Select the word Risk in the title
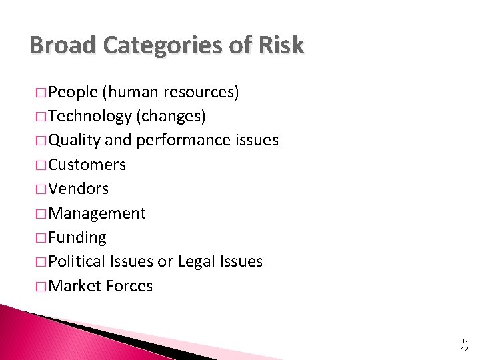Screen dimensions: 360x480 point(283,45)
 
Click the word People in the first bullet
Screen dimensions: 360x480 point(73,92)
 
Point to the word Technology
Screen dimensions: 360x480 point(90,116)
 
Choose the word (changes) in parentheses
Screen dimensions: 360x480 point(171,116)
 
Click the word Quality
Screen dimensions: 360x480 point(74,141)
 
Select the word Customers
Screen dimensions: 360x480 point(87,165)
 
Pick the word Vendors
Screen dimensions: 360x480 point(79,189)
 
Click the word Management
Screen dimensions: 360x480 point(97,213)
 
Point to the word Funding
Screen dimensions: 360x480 point(77,237)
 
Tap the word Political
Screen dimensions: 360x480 point(77,261)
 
